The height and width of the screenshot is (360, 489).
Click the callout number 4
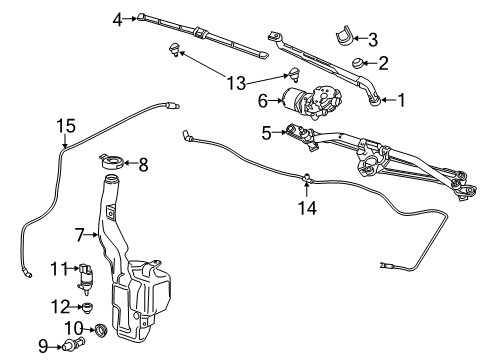click(x=116, y=17)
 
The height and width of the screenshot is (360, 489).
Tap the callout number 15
click(x=65, y=125)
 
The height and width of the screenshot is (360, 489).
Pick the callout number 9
click(x=42, y=347)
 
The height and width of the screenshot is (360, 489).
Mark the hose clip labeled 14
click(x=304, y=181)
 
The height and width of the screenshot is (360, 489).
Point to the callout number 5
click(x=265, y=131)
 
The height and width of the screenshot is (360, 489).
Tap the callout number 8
click(x=143, y=163)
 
